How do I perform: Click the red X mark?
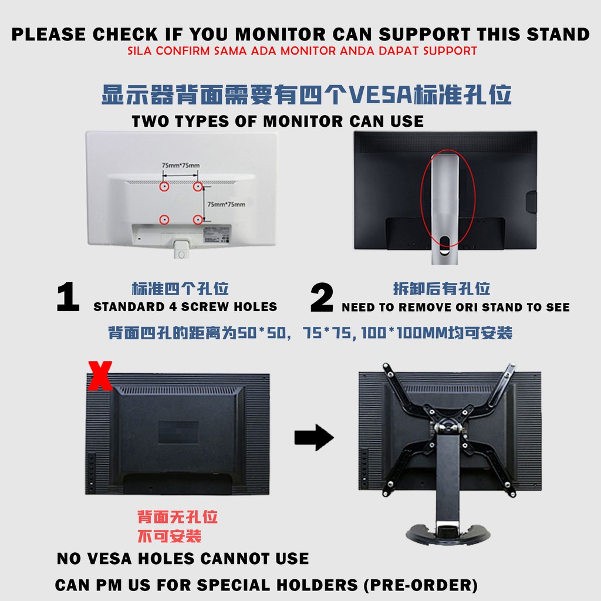100,376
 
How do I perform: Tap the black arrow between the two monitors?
315,437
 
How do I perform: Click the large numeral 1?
68,296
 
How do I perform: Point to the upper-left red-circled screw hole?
164,187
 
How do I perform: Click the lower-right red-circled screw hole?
198,220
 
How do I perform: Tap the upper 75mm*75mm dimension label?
181,165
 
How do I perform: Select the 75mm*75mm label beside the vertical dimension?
226,204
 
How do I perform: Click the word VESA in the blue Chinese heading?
381,94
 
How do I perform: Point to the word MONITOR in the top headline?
280,35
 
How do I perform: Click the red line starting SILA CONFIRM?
302,51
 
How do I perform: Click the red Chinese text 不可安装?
170,536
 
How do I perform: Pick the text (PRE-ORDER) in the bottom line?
420,585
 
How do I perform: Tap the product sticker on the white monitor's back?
217,235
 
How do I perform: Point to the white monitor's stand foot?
181,250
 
